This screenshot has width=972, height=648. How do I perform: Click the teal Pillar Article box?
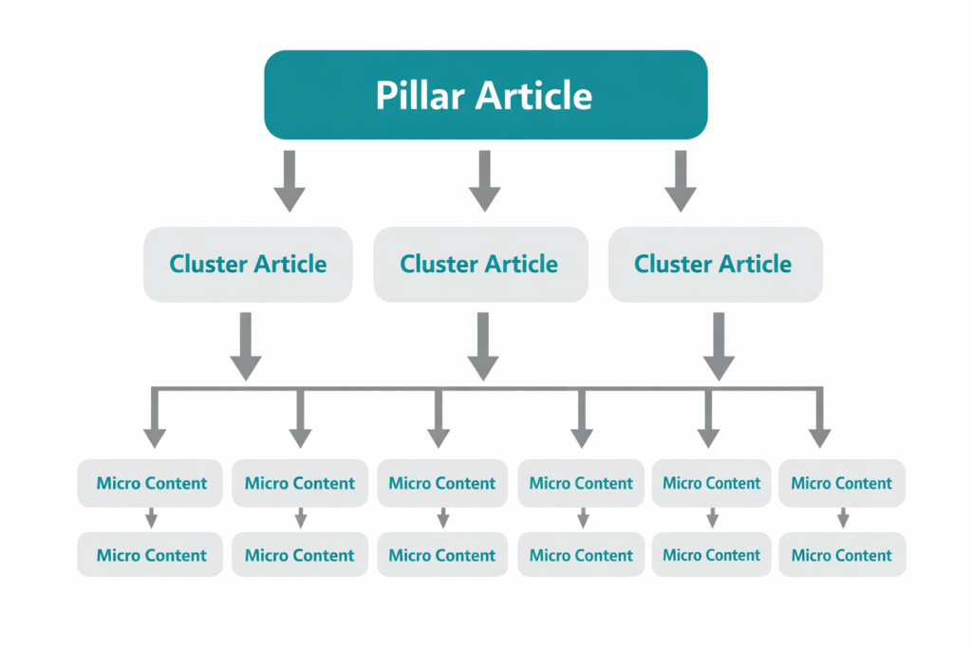pos(485,95)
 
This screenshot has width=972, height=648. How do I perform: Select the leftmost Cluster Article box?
pos(248,264)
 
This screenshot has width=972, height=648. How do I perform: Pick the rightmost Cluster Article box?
pos(714,264)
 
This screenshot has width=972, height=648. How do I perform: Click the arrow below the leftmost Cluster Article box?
pos(246,346)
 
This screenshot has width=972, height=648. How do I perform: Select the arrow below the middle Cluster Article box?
pos(483,346)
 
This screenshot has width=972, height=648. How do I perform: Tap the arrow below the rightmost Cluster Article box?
pos(718,346)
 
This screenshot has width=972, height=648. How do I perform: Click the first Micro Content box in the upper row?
pos(151,483)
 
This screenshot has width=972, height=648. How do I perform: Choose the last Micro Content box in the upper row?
pos(842,483)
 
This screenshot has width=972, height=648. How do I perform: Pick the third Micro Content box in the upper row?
pos(442,483)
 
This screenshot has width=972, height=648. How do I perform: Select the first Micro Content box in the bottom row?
pos(151,555)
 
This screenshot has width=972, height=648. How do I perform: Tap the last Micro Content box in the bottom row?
pos(842,555)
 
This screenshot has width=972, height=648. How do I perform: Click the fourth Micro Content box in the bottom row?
pos(581,555)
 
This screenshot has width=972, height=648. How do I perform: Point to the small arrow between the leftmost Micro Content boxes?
pos(152,519)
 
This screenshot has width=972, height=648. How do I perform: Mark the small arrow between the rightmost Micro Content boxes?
pos(843,519)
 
